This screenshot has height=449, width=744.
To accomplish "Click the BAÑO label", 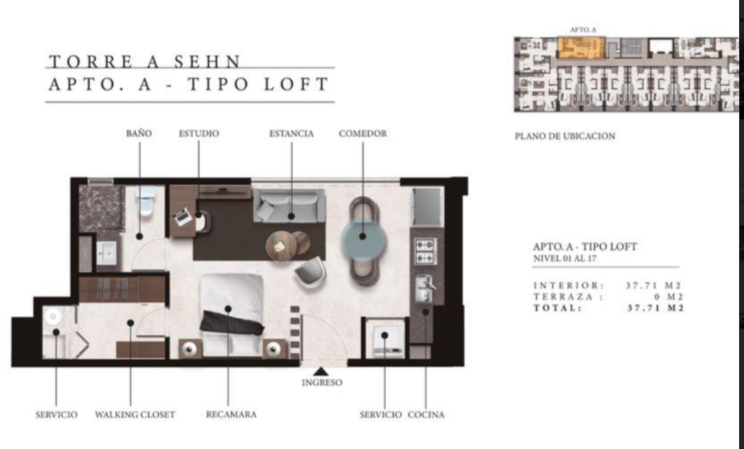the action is click(139, 134).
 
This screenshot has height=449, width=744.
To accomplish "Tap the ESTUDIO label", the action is click(199, 134).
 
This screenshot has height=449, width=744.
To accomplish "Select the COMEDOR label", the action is click(363, 134).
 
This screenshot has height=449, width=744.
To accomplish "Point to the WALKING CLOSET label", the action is click(135, 415).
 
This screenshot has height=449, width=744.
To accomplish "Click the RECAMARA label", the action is click(231, 414).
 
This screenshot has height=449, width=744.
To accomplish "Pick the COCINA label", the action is click(426, 415).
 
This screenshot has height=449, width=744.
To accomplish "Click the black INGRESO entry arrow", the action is click(321, 371).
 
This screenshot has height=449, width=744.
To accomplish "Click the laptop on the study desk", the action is click(183, 217).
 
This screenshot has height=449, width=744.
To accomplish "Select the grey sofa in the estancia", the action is click(289, 206).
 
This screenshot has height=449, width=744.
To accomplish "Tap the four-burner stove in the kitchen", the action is click(425, 251).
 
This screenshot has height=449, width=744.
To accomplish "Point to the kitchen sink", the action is click(425, 288).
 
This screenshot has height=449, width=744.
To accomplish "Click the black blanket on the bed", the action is click(232, 322).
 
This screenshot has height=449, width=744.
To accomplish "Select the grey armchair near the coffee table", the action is click(309, 272).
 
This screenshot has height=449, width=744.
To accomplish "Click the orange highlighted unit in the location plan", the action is click(580, 48).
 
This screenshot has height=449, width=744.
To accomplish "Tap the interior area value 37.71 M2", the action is click(653, 286).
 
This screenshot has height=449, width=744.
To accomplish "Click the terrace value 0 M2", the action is click(668, 297).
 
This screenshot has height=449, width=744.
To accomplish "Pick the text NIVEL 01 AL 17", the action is click(565, 258).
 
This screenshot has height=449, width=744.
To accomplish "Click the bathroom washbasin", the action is click(107, 253).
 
